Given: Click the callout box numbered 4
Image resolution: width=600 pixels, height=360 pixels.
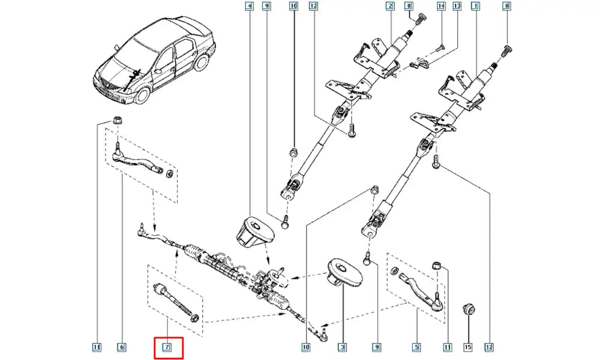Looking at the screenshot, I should click(250, 7).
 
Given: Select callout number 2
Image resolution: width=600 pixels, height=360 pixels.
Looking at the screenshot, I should click(390, 7).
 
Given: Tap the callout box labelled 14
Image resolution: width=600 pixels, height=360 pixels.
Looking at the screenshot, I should click(441, 7).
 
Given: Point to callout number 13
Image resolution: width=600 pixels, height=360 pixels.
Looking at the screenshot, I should click(457, 7).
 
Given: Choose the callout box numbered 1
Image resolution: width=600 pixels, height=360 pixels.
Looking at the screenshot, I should click(475, 7).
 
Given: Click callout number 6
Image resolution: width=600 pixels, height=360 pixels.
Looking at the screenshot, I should click(121, 346).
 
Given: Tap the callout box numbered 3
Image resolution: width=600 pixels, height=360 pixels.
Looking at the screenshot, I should click(342, 346).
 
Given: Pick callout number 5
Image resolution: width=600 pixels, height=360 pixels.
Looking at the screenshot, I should click(415, 346).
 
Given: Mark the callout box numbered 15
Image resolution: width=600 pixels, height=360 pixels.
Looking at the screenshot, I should click(469, 346).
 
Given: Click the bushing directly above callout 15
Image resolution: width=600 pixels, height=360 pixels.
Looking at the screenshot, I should click(469, 310).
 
